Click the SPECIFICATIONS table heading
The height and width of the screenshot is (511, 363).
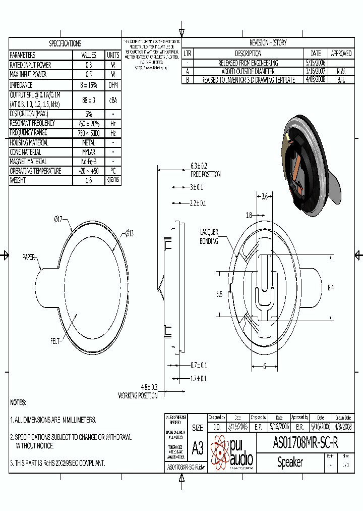[65, 43]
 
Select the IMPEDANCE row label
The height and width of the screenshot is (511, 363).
[21, 85]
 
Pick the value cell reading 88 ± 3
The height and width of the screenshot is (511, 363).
[88, 99]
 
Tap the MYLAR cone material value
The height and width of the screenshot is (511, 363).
[88, 152]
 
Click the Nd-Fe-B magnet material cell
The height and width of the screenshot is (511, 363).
[88, 162]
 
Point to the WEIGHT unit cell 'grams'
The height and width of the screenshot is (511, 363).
[113, 180]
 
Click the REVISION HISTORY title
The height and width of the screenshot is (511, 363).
[268, 43]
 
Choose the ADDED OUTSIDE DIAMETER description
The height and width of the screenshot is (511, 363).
[241, 72]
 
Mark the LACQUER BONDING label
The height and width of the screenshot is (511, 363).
[209, 236]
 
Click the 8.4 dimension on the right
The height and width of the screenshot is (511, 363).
[331, 288]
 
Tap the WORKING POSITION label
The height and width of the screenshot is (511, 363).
[138, 396]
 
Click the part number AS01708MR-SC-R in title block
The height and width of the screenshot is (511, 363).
[305, 443]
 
